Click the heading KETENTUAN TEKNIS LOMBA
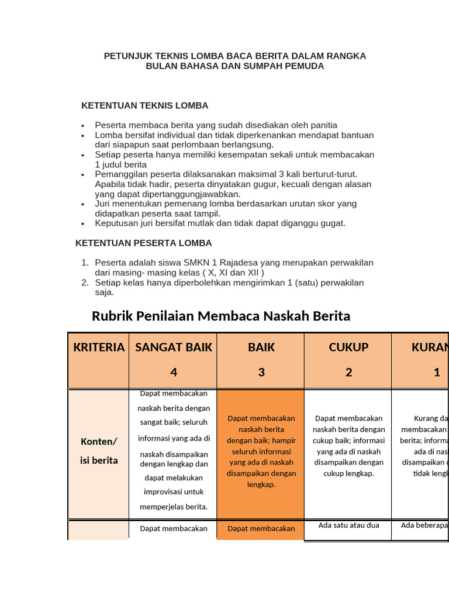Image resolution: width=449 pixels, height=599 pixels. [144, 106]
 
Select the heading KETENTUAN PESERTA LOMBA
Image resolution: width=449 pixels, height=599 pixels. [144, 243]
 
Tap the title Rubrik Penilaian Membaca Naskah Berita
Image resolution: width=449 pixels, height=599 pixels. [221, 316]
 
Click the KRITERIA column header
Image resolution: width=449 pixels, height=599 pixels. [99, 347]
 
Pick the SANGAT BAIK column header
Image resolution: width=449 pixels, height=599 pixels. [174, 347]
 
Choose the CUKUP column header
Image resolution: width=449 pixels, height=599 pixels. [348, 347]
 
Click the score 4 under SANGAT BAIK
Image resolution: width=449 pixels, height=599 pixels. [174, 372]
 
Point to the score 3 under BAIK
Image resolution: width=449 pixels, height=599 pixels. [261, 372]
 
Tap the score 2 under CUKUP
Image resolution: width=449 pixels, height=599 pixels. [348, 372]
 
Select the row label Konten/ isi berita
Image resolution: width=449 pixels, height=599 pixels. [99, 450]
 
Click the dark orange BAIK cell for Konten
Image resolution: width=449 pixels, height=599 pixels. [261, 451]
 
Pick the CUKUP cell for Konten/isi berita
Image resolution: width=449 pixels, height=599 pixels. [348, 446]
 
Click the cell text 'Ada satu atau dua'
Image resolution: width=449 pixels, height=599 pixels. [348, 525]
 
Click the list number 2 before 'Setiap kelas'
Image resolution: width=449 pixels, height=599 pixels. [84, 283]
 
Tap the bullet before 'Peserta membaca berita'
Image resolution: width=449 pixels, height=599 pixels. [84, 125]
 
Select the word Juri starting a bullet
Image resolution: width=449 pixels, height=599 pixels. [103, 204]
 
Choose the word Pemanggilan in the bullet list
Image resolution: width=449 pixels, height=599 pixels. [120, 174]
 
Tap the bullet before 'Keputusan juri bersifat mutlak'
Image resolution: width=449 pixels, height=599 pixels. [84, 223]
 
